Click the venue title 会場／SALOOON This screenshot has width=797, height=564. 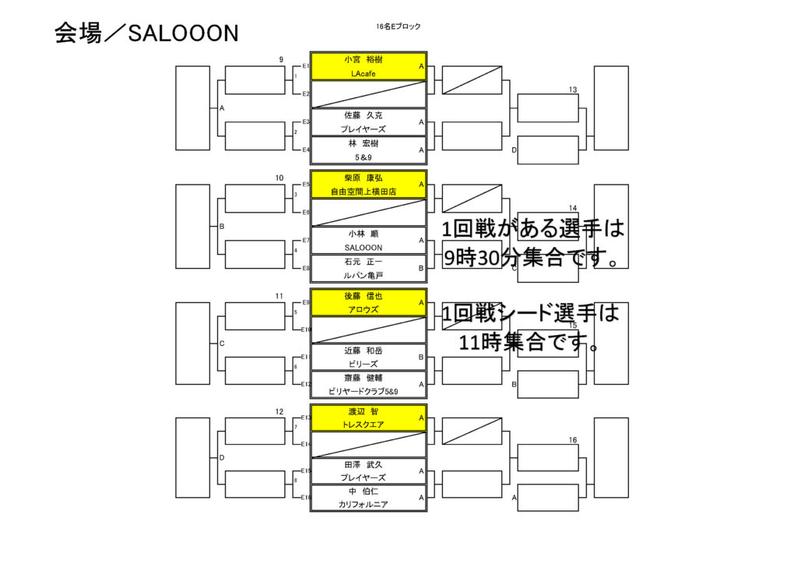tap(146, 33)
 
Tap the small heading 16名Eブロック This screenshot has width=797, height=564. tap(398, 26)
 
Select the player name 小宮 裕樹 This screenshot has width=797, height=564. tap(363, 59)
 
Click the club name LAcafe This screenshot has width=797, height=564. tap(363, 74)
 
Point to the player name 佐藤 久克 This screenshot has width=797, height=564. tap(363, 115)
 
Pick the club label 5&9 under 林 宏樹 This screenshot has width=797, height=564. tap(363, 157)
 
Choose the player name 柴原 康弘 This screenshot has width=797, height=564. tap(363, 178)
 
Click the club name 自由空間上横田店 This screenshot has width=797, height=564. tap(363, 192)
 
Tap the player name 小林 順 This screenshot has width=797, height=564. tap(363, 234)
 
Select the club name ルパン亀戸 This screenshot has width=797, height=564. tap(363, 276)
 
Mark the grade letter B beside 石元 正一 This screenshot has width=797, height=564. tap(421, 268)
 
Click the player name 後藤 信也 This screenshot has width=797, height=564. tap(363, 296)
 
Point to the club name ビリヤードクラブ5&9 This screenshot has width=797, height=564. tap(363, 392)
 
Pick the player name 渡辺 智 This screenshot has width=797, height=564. tap(363, 411)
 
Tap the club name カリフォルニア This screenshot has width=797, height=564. tap(363, 505)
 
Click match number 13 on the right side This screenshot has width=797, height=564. tap(573, 90)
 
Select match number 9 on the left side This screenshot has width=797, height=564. tap(281, 59)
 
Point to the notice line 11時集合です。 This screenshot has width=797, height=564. tap(529, 342)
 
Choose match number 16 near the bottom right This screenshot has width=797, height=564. tap(573, 440)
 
